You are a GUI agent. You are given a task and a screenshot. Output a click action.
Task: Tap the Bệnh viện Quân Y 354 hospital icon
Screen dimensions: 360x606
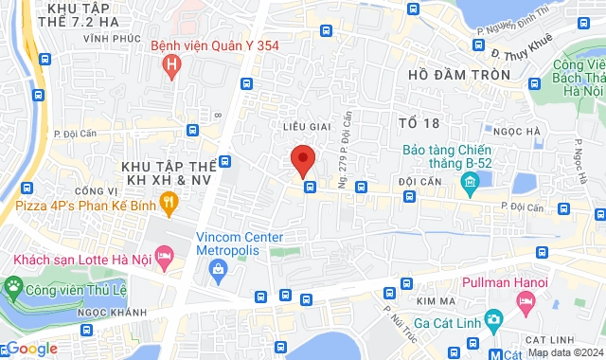pyautogui.click(x=171, y=65)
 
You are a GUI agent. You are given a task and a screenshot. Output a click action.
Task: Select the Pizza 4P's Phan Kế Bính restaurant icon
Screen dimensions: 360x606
pyautogui.click(x=169, y=200)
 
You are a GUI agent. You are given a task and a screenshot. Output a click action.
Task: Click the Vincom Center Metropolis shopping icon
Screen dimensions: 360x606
pyautogui.click(x=219, y=270)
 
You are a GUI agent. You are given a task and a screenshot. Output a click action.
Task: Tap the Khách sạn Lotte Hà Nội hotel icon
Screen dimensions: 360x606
pyautogui.click(x=164, y=256)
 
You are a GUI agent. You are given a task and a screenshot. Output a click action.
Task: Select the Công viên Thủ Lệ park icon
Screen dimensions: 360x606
pyautogui.click(x=13, y=285)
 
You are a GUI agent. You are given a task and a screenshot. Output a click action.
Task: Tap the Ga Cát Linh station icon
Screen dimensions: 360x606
pyautogui.click(x=491, y=319)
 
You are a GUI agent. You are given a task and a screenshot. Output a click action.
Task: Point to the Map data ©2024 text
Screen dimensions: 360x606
pyautogui.click(x=564, y=353)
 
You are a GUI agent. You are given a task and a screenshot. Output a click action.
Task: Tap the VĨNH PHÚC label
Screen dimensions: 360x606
pyautogui.click(x=105, y=39)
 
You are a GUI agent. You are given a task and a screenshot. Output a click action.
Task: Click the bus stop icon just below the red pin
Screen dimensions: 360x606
pyautogui.click(x=310, y=187)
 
